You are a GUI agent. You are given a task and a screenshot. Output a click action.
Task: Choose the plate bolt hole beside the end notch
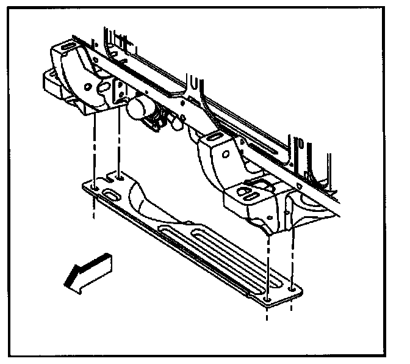click(x=120, y=177)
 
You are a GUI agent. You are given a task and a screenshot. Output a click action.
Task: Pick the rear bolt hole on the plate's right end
click(x=293, y=288)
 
